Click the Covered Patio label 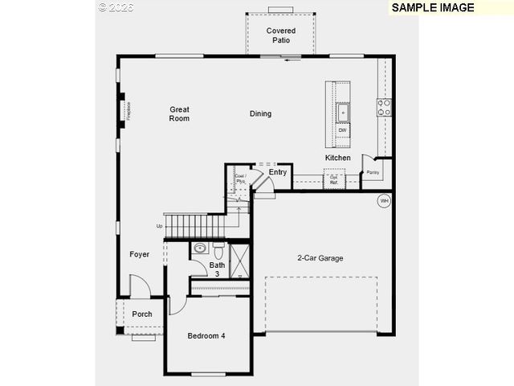[280, 35]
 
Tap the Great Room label [179, 113]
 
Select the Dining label [260, 113]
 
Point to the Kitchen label [338, 158]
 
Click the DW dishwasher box [342, 130]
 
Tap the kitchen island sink [342, 112]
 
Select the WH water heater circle [384, 200]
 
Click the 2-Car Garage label [320, 258]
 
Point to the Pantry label [373, 172]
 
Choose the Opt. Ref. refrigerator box [333, 181]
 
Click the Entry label [278, 172]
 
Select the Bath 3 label [217, 269]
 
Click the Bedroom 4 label [206, 335]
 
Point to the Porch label [142, 314]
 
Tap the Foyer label [140, 254]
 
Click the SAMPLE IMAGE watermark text [433, 7]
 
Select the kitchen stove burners [385, 108]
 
